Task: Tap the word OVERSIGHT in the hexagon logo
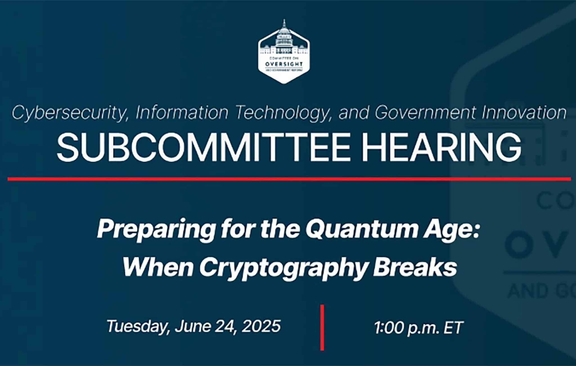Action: click(284, 64)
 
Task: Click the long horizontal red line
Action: click(289, 179)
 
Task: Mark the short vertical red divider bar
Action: click(322, 328)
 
